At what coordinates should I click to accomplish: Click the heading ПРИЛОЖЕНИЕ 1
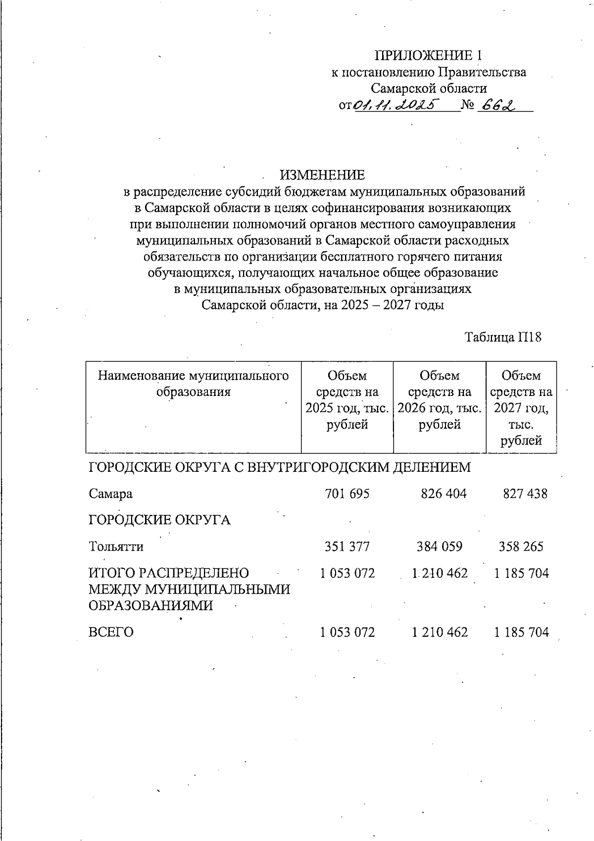428,55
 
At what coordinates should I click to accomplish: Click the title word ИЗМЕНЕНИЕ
322,175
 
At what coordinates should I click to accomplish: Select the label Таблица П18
503,337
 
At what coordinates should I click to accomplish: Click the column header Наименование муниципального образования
193,384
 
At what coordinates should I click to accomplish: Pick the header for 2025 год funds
347,400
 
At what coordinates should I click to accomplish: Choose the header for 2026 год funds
440,400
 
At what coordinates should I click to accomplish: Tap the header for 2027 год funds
521,408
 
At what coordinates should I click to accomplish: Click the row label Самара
111,494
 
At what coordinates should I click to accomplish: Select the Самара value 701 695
347,494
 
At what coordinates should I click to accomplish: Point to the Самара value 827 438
525,494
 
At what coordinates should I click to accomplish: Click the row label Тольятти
116,547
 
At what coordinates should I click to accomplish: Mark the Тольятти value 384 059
440,547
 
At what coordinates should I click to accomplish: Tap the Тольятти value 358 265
521,547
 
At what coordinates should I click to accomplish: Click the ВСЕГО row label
111,632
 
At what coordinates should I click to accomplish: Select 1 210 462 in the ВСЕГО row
440,632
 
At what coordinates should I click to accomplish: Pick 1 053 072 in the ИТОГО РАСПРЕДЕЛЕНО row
347,573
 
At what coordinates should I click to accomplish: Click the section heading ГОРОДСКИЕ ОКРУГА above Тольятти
159,520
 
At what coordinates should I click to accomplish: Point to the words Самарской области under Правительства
429,89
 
